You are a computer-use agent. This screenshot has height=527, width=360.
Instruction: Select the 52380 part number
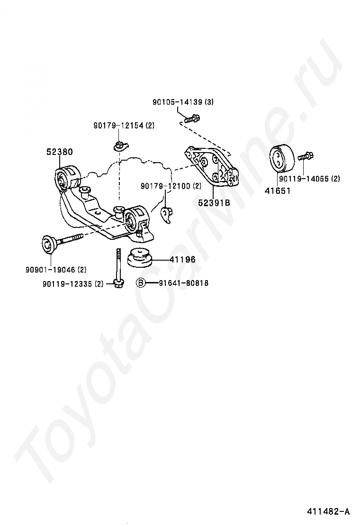pos(59,152)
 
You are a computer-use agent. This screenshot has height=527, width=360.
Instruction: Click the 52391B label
pos(214,202)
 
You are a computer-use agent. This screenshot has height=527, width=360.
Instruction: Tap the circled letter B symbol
pos(141,283)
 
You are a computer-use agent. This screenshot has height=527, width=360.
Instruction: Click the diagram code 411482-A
pos(327,511)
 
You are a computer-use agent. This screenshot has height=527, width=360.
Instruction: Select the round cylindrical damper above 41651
pos(281,158)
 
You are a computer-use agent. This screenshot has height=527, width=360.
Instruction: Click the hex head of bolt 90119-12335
pos(117,283)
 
